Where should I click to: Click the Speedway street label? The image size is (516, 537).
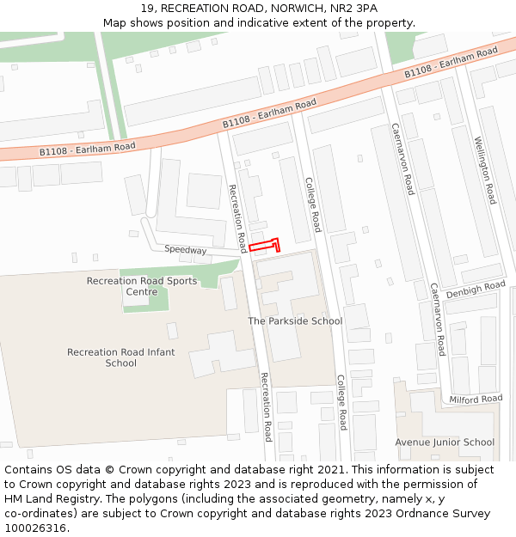pyautogui.click(x=186, y=250)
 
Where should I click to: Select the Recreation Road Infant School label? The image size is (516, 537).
pyautogui.click(x=121, y=357)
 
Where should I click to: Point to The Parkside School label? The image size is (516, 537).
pyautogui.click(x=295, y=321)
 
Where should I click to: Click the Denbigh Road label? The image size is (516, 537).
pyautogui.click(x=476, y=290)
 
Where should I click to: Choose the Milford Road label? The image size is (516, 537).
pyautogui.click(x=476, y=399)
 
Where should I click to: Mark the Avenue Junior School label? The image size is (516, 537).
pyautogui.click(x=445, y=442)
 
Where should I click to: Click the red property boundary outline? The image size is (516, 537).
pyautogui.click(x=266, y=246)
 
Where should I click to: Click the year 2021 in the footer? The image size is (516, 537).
pyautogui.click(x=329, y=470)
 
